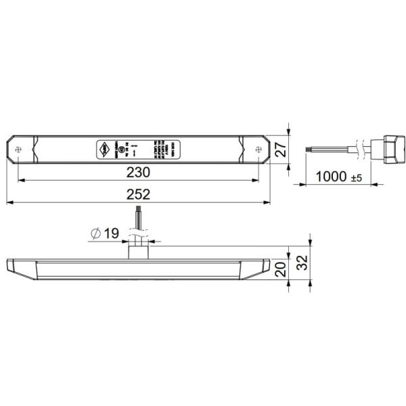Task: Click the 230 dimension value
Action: click(138, 173)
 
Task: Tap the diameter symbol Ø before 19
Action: click(95, 233)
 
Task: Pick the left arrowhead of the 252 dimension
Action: click(9, 202)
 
